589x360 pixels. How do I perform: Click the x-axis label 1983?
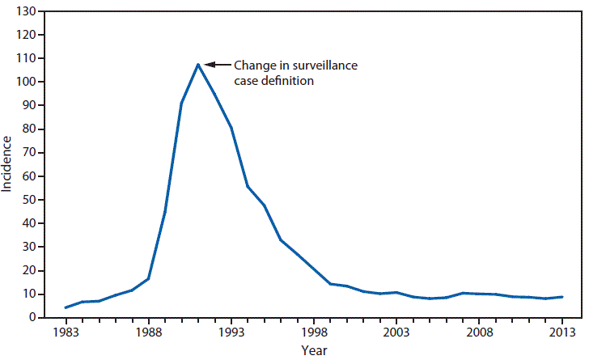coord(66,332)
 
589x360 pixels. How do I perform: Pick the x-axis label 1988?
coord(148,332)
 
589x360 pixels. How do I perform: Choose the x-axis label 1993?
coord(231,332)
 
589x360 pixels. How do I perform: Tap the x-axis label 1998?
coord(313,332)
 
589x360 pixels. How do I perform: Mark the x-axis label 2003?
coord(396,332)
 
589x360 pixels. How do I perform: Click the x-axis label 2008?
coord(479,332)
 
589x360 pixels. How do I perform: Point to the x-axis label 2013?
coord(561,332)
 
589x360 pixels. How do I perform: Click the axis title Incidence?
coord(8,164)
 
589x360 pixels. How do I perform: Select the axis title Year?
coord(314,350)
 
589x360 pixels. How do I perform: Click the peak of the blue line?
coord(197,64)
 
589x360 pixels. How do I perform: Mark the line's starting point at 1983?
coord(66,307)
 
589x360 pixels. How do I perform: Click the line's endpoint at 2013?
coord(561,297)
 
